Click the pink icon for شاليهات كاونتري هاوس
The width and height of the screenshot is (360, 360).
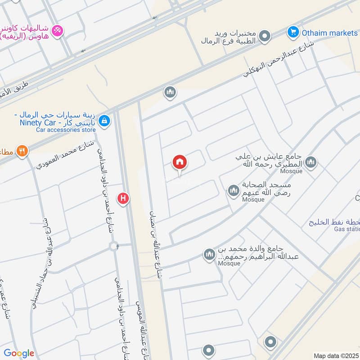pyautogui.click(x=58, y=31)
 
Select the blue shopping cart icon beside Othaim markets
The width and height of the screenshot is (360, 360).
pyautogui.click(x=293, y=32)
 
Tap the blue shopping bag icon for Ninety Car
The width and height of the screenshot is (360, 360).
pyautogui.click(x=104, y=121)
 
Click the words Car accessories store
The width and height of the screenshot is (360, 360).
pyautogui.click(x=66, y=130)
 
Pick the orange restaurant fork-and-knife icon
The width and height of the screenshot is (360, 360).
pyautogui.click(x=22, y=151)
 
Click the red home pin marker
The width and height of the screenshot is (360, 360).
pyautogui.click(x=180, y=162)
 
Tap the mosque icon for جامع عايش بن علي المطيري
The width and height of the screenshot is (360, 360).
pyautogui.click(x=310, y=162)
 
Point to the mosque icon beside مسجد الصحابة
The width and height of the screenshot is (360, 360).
pyautogui.click(x=233, y=191)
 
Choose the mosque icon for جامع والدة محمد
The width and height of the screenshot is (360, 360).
pyautogui.click(x=209, y=255)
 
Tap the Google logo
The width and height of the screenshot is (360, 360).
pyautogui.click(x=19, y=353)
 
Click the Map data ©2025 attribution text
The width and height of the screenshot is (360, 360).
pyautogui.click(x=336, y=355)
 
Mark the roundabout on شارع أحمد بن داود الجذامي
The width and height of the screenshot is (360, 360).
pyautogui.click(x=114, y=246)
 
